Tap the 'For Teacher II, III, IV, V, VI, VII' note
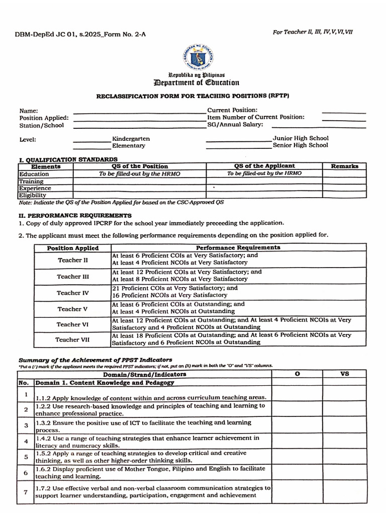313,32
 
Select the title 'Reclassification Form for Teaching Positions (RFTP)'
192,96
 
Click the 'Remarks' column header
344,166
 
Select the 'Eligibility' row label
33,195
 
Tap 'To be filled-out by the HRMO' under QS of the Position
139,174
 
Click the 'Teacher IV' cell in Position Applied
72,293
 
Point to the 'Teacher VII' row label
72,339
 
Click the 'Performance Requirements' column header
238,247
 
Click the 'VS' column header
344,374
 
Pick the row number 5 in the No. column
26,457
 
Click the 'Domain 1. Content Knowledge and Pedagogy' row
105,383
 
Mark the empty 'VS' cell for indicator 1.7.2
344,491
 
